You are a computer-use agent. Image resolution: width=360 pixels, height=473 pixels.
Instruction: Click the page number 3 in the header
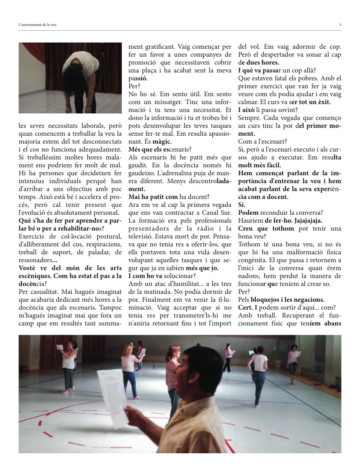(x=340, y=25)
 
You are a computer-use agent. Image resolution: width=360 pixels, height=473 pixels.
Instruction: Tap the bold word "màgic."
(x=162, y=142)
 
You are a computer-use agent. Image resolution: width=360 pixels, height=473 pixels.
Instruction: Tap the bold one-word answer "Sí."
(x=242, y=205)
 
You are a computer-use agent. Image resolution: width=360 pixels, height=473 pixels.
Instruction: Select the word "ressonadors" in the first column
(x=34, y=260)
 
